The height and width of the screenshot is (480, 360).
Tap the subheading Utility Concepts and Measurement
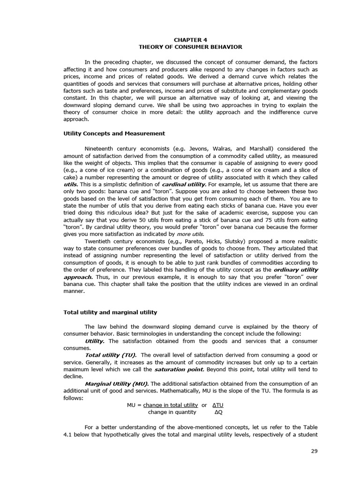coord(114,134)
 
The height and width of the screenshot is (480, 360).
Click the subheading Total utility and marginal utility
coord(110,312)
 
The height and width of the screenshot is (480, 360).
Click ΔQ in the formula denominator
coord(218,412)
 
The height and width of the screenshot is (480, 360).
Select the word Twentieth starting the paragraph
coord(98,241)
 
